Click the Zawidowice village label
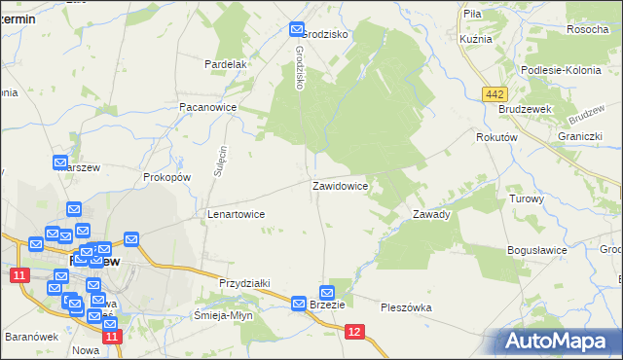[x=339, y=185]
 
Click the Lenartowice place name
[x=235, y=214]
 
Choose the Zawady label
[x=430, y=214]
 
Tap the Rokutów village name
[x=495, y=138]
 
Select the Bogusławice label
[x=536, y=250]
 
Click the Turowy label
[x=526, y=198]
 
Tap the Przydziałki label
[x=243, y=282]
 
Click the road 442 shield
[x=494, y=92]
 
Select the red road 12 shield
[x=355, y=332]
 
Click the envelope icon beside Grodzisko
[x=297, y=31]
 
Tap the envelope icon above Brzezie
[x=327, y=292]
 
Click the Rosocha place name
[x=587, y=29]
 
